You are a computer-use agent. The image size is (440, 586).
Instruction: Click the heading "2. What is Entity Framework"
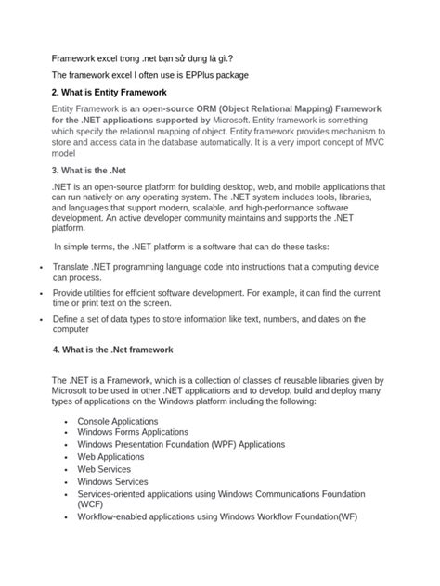click(109, 93)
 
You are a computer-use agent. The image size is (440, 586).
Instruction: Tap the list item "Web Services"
click(106, 469)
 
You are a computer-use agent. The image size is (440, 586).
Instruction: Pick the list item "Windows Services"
click(112, 481)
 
